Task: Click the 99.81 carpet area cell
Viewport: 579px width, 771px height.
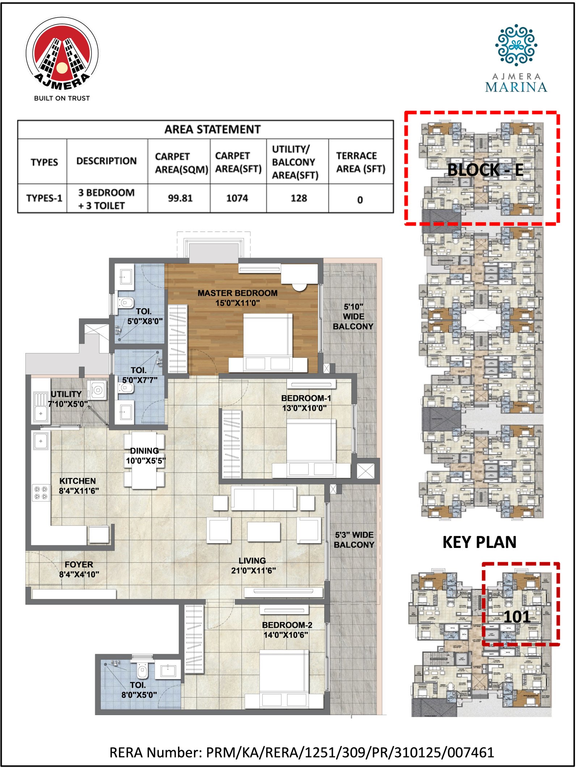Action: coord(180,198)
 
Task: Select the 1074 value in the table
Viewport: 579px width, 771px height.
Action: coord(237,198)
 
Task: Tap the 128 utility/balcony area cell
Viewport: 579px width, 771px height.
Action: coord(299,198)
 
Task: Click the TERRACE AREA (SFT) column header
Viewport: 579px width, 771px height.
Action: coord(360,162)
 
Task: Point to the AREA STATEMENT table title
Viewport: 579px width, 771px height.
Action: coord(212,129)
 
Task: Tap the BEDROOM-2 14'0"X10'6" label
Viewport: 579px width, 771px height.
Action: coord(287,629)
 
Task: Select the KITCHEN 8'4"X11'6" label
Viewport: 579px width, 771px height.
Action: coord(78,486)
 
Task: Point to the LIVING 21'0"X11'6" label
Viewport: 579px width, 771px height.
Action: coord(253,565)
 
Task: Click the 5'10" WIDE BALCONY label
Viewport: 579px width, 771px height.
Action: coord(353,316)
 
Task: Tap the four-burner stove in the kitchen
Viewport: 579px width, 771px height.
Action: coord(41,493)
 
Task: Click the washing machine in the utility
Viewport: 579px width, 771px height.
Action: coord(97,390)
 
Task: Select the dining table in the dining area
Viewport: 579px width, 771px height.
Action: coord(144,460)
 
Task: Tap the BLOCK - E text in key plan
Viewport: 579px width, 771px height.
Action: coord(485,170)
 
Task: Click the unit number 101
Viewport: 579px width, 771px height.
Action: coord(517,617)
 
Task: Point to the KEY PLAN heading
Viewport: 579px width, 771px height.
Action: coord(479,542)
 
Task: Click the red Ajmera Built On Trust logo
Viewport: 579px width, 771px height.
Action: coord(62,54)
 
